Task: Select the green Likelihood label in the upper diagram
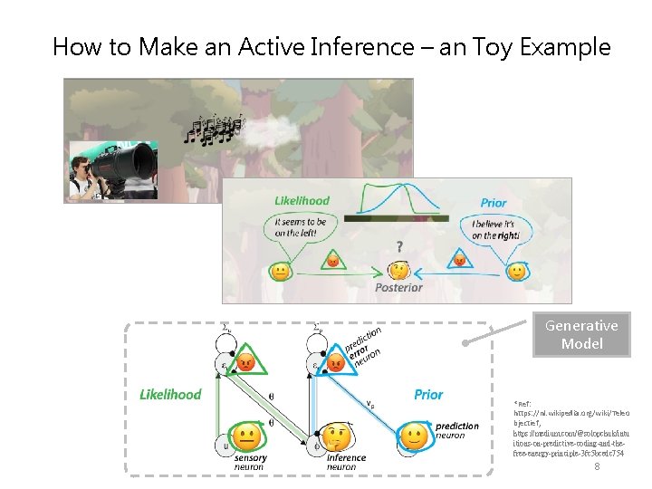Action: pos(302,201)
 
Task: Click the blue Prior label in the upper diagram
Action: pos(494,203)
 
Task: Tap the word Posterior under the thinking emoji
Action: pos(398,287)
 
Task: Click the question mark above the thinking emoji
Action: pos(399,245)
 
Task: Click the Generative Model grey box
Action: pos(581,334)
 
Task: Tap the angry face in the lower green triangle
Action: pos(245,364)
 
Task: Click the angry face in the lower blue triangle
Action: pos(336,364)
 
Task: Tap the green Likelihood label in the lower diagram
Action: pos(170,394)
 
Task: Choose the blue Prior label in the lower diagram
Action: pos(428,394)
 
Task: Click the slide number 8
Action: pos(597,465)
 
